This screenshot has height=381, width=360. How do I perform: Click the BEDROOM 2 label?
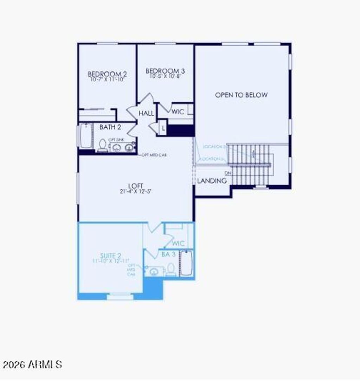tap(107, 74)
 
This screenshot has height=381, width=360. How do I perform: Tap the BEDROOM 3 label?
tap(165, 71)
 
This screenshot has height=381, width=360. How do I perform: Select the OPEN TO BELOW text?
tap(241, 95)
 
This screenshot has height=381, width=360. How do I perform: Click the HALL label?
tap(146, 113)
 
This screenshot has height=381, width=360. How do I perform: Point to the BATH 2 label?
tap(110, 127)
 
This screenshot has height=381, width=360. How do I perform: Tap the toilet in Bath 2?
tap(102, 145)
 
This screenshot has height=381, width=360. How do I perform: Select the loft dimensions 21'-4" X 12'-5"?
tap(135, 192)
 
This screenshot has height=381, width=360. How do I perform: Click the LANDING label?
tap(212, 181)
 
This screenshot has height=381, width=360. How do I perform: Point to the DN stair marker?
tap(228, 173)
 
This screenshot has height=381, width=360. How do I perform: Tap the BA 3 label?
tap(168, 254)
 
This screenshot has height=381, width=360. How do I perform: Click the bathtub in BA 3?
tap(186, 263)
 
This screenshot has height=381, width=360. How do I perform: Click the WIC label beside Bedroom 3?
tap(178, 112)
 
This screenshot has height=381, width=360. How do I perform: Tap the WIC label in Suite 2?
tap(179, 243)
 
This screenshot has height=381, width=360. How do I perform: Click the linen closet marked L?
tap(163, 128)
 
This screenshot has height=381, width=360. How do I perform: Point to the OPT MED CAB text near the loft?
tap(154, 155)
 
